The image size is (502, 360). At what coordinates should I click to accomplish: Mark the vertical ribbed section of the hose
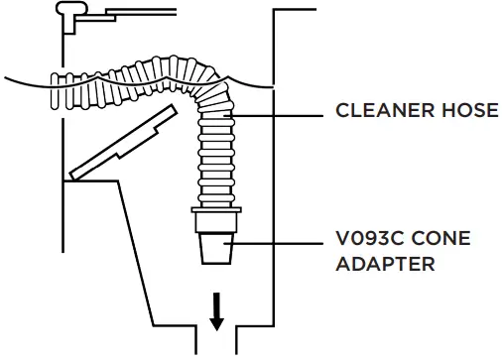point(216,159)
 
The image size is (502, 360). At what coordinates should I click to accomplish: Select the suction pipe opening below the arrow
point(216,342)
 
